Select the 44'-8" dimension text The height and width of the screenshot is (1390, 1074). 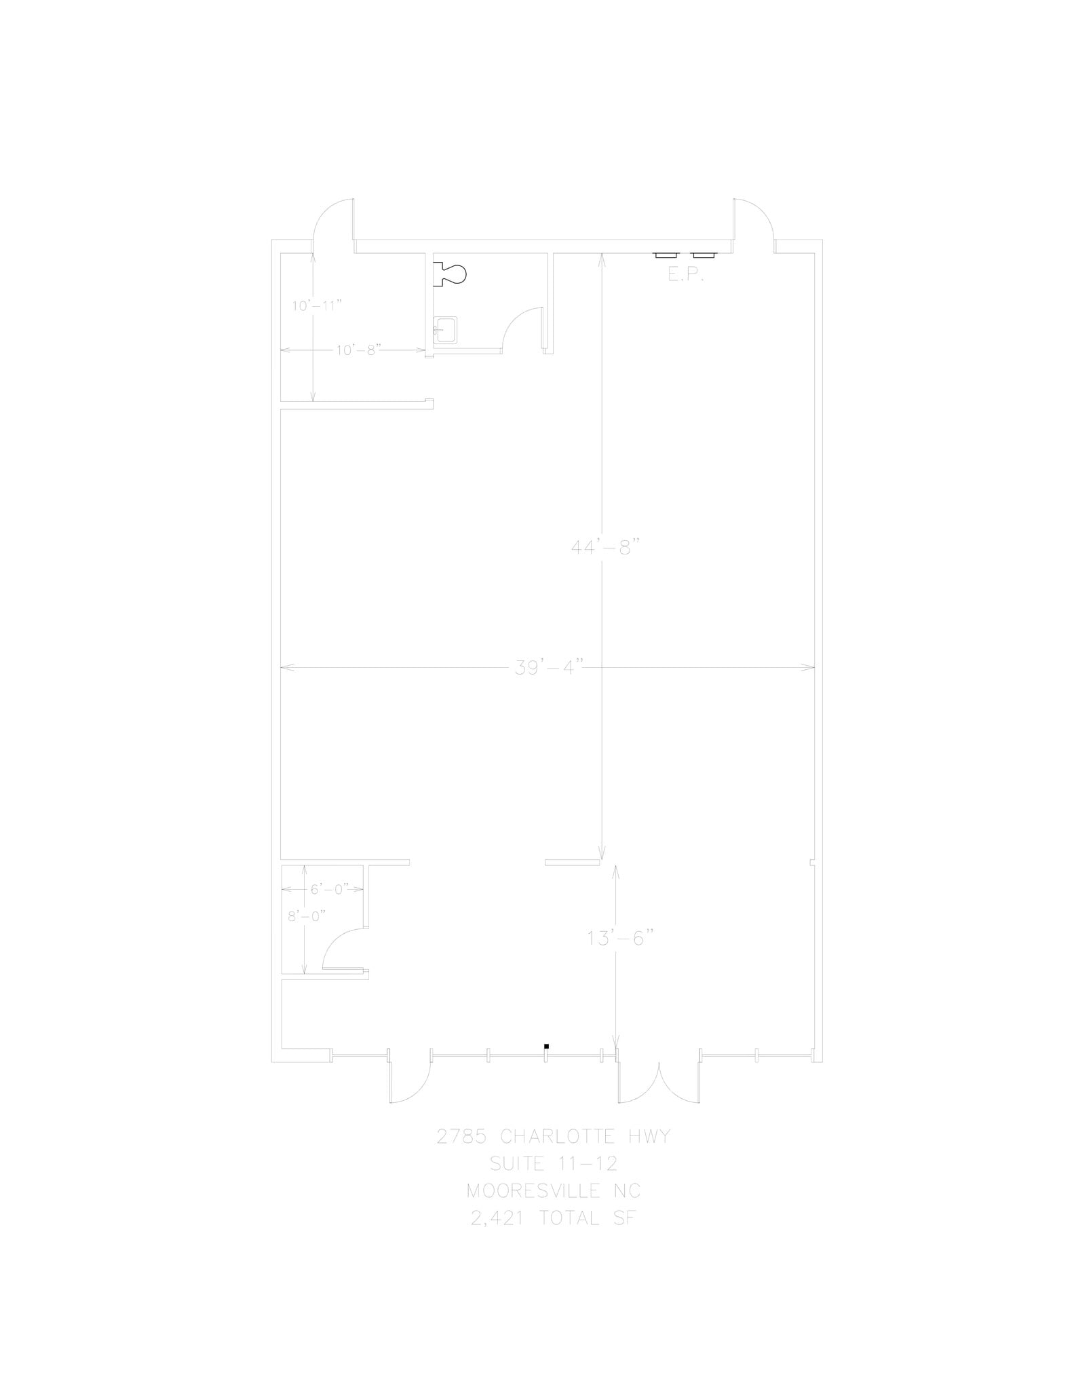(x=602, y=546)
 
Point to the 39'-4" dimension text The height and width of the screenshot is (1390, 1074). (x=545, y=668)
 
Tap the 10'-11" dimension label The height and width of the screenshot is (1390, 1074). (x=313, y=305)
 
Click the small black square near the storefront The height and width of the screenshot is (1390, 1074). (x=546, y=1046)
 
